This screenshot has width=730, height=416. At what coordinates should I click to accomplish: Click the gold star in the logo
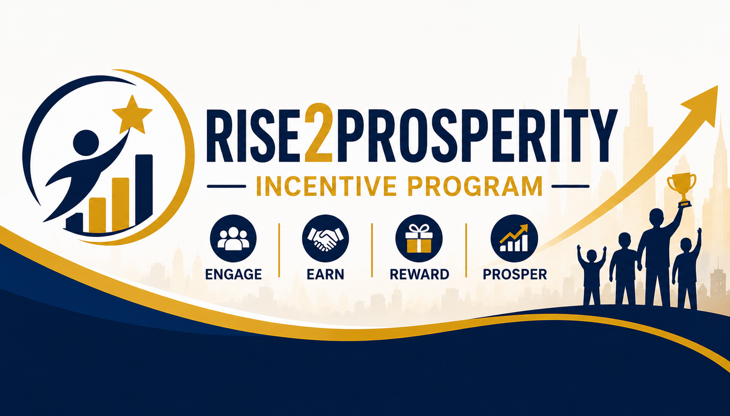click(131, 115)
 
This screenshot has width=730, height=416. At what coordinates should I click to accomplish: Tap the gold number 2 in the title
click(318, 133)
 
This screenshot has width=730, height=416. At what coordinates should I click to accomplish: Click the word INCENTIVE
click(327, 186)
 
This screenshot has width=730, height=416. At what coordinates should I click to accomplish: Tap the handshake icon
click(325, 238)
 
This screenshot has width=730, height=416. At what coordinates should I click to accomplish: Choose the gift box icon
click(419, 238)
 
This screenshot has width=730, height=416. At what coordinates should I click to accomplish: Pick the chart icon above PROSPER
click(514, 238)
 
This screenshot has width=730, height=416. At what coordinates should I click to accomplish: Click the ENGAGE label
click(233, 274)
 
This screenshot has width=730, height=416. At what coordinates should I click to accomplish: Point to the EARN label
click(325, 274)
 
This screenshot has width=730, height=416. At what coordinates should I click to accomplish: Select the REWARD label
click(419, 274)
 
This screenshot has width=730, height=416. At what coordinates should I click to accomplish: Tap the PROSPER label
click(515, 274)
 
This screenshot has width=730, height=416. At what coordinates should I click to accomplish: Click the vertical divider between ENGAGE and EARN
click(279, 250)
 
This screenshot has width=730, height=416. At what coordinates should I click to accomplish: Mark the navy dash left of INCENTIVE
click(226, 186)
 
